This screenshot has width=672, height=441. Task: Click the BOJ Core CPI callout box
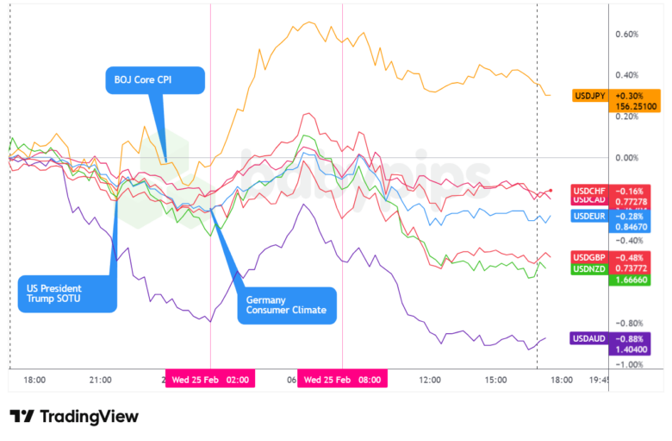click(x=155, y=80)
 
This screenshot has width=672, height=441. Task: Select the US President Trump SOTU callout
click(x=66, y=293)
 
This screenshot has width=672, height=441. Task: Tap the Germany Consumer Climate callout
click(x=288, y=304)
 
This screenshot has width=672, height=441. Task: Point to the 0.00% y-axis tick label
click(x=625, y=158)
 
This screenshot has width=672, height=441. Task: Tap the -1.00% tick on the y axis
click(x=625, y=365)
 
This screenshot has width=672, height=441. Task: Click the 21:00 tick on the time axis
click(x=100, y=379)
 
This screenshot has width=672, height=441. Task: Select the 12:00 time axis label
click(x=429, y=379)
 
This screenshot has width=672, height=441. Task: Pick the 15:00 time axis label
click(x=495, y=379)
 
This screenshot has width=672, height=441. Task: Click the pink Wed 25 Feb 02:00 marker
click(x=210, y=379)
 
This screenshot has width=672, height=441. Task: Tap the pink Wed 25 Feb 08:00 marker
click(x=343, y=379)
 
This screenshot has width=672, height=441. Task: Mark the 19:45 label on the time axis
click(x=597, y=379)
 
